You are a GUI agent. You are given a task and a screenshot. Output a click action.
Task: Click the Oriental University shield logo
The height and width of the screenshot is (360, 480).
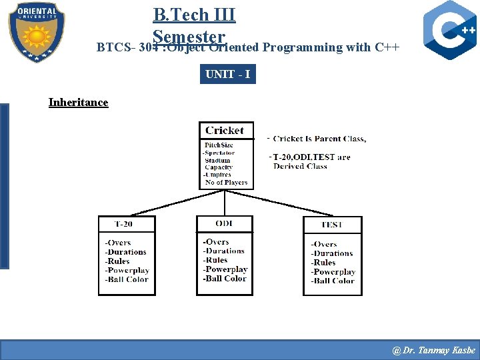tap(37, 32)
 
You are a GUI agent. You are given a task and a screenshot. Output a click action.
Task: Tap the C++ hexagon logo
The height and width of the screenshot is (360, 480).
tap(450, 31)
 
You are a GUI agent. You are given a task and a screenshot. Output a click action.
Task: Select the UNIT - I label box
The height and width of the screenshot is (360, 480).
tap(228, 74)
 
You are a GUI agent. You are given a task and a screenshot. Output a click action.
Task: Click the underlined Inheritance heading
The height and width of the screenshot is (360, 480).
tap(78, 102)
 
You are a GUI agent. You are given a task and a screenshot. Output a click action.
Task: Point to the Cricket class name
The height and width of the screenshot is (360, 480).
tap(225, 131)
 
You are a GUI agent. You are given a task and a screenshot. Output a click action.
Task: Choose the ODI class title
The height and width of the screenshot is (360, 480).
tap(225, 223)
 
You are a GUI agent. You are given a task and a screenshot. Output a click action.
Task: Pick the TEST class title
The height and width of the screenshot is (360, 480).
tap(332, 225)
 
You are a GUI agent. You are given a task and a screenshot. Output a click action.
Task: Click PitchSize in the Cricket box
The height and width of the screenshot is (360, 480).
tap(219, 145)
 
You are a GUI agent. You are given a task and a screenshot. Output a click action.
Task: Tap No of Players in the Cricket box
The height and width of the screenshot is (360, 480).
tap(226, 182)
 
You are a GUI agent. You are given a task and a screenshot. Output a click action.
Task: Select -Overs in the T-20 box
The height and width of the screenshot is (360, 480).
tap(118, 243)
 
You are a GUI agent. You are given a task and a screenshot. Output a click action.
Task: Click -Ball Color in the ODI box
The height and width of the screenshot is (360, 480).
tap(225, 279)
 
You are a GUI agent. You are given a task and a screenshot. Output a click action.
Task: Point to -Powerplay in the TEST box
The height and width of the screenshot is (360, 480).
tap(333, 272)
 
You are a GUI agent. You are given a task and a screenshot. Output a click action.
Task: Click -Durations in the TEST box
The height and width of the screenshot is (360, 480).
tap(332, 253)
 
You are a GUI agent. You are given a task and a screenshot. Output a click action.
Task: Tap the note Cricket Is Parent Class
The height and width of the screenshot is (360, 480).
tap(319, 139)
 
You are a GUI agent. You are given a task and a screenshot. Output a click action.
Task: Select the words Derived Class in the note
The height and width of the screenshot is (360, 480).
tap(300, 167)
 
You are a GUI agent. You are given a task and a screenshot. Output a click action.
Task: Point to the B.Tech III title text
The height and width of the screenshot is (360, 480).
tap(194, 14)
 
